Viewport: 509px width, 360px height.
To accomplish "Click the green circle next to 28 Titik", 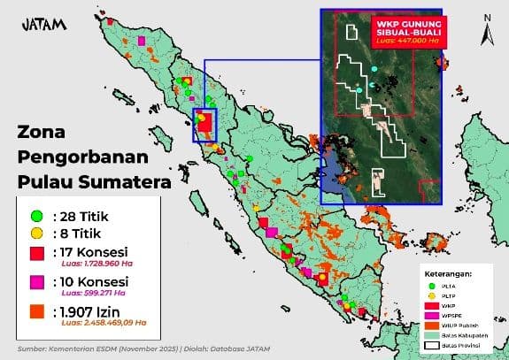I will (36, 215).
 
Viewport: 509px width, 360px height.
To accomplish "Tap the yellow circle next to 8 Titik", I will (36, 234).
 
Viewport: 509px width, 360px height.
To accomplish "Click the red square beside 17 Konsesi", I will (36, 255).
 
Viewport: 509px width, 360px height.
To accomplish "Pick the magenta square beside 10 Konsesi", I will (36, 282).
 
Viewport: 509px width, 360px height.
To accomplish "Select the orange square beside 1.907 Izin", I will (36, 311).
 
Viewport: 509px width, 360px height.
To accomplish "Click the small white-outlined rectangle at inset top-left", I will (352, 33).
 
